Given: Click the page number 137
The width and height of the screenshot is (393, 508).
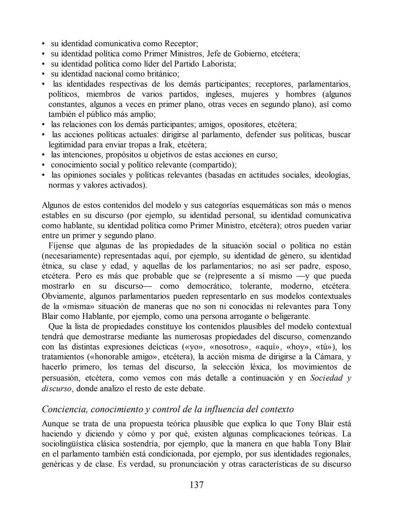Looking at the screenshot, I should (196, 485).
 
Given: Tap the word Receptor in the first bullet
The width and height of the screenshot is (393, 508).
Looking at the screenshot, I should (180, 44).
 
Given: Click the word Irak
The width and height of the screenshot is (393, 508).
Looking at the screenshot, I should (166, 145).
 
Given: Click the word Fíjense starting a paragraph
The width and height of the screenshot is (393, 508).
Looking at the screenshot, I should (62, 245).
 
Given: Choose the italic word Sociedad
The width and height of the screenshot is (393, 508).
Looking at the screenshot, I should (326, 378).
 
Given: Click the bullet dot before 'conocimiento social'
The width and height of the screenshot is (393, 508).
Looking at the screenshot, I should (43, 165).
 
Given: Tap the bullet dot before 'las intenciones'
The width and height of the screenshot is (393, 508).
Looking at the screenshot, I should (43, 155).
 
